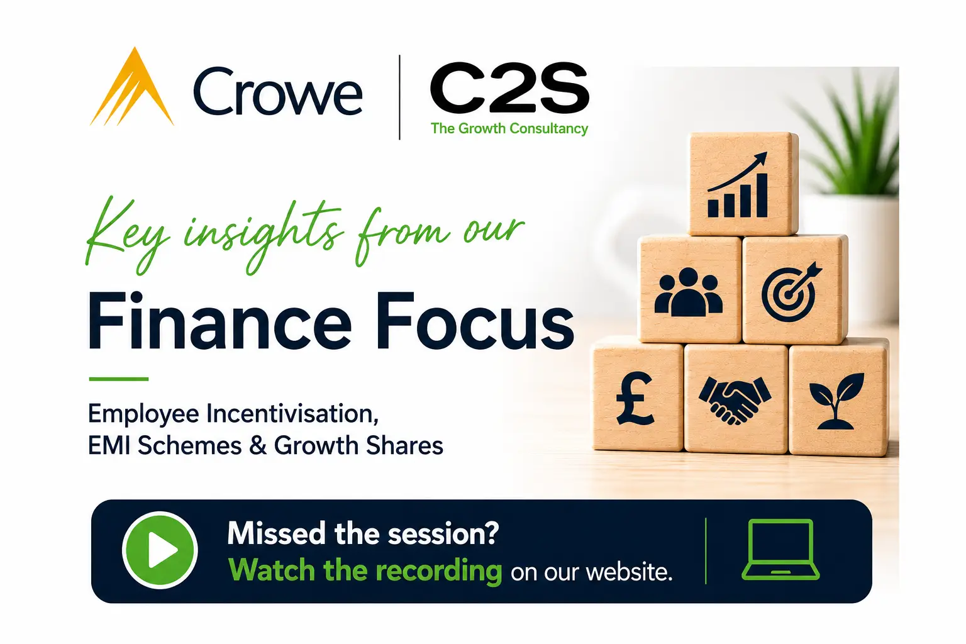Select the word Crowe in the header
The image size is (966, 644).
(x=278, y=91)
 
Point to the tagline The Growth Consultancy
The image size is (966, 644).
(x=509, y=128)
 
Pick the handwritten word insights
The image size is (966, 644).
(x=264, y=235)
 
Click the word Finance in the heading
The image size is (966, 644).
(x=220, y=321)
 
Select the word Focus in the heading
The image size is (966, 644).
(x=475, y=321)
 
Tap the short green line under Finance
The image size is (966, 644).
(x=119, y=379)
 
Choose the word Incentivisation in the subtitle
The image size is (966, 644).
(x=292, y=414)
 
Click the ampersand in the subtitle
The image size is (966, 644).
(x=258, y=445)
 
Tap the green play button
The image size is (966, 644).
(x=160, y=550)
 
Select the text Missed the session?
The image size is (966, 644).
(x=363, y=533)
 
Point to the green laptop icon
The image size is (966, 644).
(x=780, y=550)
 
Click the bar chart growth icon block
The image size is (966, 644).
(x=743, y=184)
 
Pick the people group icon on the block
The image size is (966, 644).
(x=688, y=292)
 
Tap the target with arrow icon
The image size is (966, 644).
(x=792, y=292)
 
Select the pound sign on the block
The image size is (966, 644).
(x=635, y=399)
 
